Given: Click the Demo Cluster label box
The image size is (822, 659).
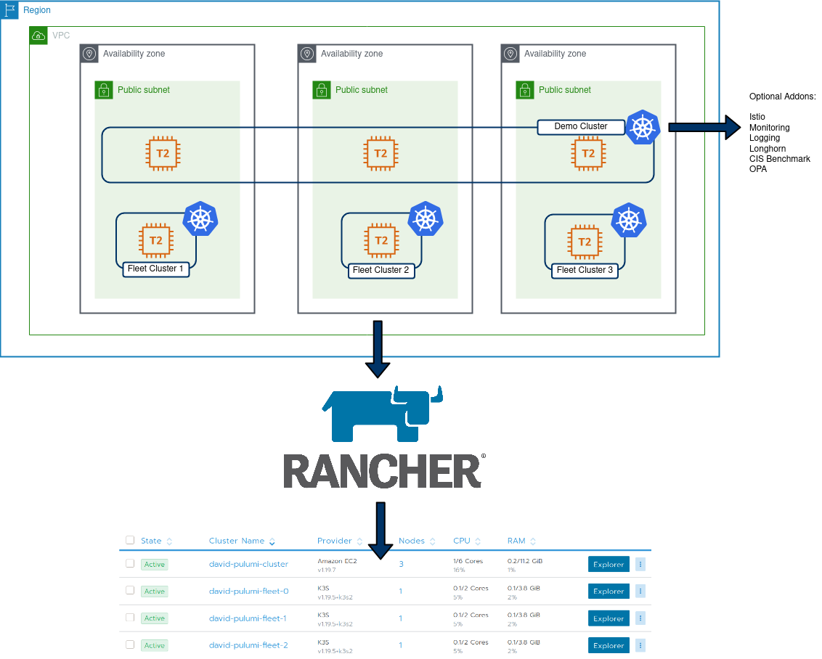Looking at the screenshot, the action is pos(581,127).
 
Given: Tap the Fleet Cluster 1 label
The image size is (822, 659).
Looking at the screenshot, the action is pos(155,269).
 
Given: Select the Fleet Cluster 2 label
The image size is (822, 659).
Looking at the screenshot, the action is pos(381,270).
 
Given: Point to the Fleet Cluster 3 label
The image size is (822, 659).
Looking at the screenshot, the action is pos(585,270).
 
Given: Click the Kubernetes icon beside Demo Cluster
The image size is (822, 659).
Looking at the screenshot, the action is pos(643,127).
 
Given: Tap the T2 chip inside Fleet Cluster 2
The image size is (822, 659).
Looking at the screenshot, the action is pos(381,240).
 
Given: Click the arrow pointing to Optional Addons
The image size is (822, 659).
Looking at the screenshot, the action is pos(704,127).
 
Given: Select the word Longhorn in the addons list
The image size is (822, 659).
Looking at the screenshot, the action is pos(768,148).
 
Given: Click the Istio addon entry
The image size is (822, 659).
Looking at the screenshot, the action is pos(757,117).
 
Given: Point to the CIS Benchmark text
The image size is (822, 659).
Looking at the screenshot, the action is pos(780,159).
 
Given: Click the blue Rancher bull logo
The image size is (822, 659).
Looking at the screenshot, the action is pos(383,414).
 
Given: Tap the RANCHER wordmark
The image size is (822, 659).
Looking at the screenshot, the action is pos(383,471).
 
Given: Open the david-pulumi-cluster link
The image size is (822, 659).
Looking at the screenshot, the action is pos(248,564).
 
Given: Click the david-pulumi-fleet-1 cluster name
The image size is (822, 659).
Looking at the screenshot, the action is pos(248,618).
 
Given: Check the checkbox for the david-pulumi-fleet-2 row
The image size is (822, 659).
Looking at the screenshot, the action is pos(130,644).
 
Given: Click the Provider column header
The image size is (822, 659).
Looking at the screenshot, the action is pos(335,541).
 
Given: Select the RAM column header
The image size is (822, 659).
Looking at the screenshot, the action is pos(516,541).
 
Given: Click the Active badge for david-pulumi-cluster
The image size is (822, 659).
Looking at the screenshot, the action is pos(155,564).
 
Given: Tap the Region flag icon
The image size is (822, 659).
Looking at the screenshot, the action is pos(9,10).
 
